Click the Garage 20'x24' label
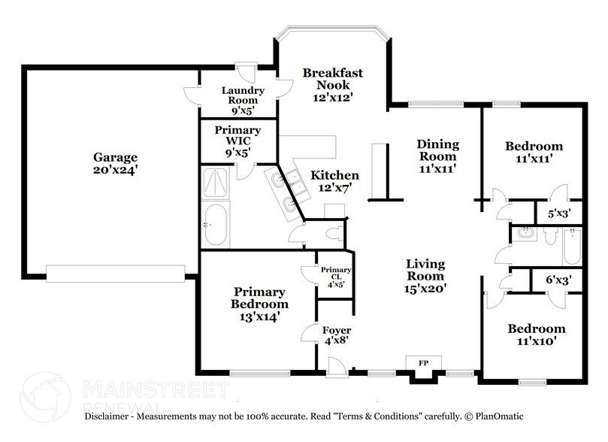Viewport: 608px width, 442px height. [115, 164]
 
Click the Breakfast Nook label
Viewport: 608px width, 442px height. [333, 84]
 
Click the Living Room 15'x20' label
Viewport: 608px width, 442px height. [426, 276]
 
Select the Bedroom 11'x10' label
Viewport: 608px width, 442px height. [536, 335]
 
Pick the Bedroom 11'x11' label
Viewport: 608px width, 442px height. [533, 152]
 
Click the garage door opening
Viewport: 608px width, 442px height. [116, 272]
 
